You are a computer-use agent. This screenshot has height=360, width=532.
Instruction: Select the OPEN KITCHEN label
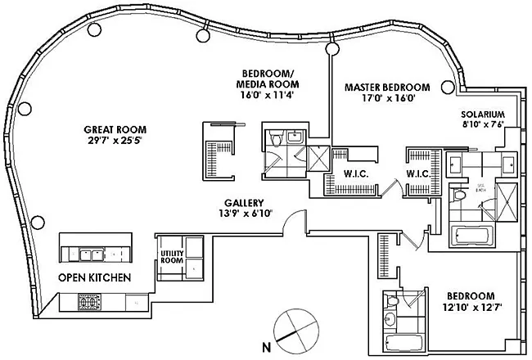pyautogui.click(x=94, y=277)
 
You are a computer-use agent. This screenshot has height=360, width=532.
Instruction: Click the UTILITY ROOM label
pyautogui.click(x=169, y=257)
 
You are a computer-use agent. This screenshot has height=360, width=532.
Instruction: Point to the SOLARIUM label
pyautogui.click(x=482, y=114)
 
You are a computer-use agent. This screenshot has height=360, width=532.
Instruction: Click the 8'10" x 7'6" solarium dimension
pyautogui.click(x=482, y=125)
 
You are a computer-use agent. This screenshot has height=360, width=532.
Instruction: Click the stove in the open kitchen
pyautogui.click(x=89, y=303)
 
